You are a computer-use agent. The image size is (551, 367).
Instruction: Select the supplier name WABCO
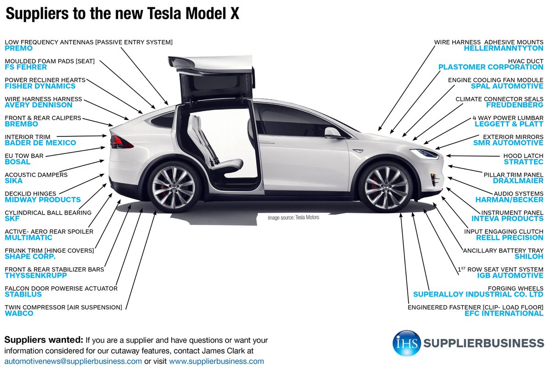pos(19,313)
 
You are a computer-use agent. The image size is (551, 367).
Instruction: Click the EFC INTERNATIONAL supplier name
pos(504,313)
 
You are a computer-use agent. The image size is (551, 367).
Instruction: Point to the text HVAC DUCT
pos(525,61)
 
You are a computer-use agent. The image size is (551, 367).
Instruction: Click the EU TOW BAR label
pos(24,156)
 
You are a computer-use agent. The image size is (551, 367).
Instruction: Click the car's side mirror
pos(333,133)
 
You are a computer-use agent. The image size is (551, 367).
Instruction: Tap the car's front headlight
pos(425,153)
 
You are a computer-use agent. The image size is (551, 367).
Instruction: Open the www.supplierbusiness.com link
pos(216,361)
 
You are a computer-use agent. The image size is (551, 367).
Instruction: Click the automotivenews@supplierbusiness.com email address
pos(73,361)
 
